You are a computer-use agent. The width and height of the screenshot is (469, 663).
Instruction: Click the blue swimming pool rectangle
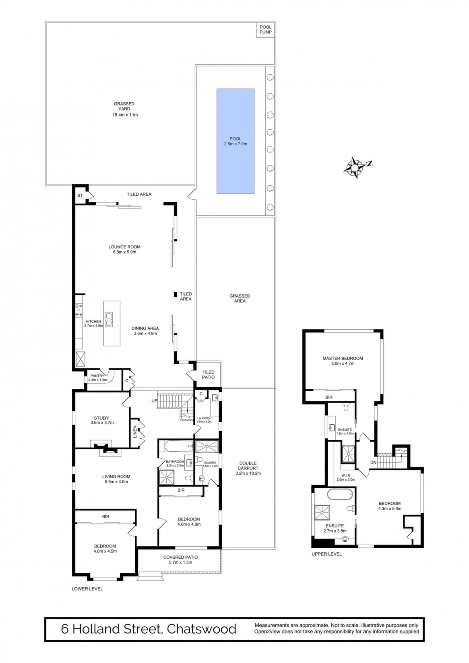click(x=236, y=141)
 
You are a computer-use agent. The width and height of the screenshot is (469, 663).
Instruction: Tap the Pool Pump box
click(x=265, y=30)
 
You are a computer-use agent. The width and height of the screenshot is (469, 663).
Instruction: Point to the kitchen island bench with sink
click(x=112, y=323)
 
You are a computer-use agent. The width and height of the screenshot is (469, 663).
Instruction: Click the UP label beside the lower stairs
click(x=155, y=401)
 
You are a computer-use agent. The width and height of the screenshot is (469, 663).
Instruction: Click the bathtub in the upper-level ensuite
click(x=340, y=494)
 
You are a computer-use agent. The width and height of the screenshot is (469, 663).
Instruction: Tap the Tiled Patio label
click(x=209, y=374)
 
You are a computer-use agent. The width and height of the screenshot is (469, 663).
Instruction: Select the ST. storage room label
click(x=80, y=195)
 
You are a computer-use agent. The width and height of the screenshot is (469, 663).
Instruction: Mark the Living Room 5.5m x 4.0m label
click(x=116, y=479)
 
